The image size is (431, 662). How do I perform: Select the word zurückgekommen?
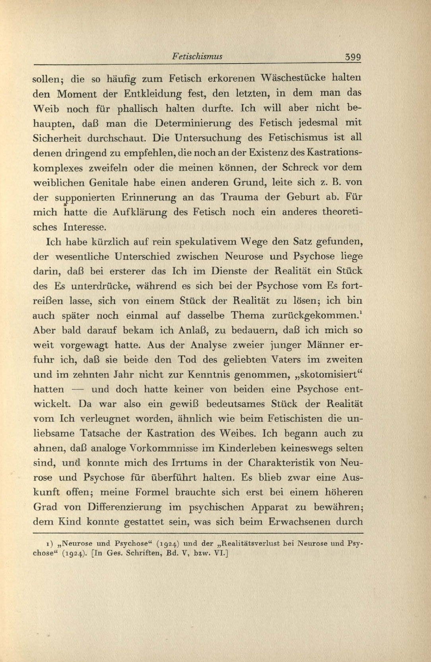coord(314,316)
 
